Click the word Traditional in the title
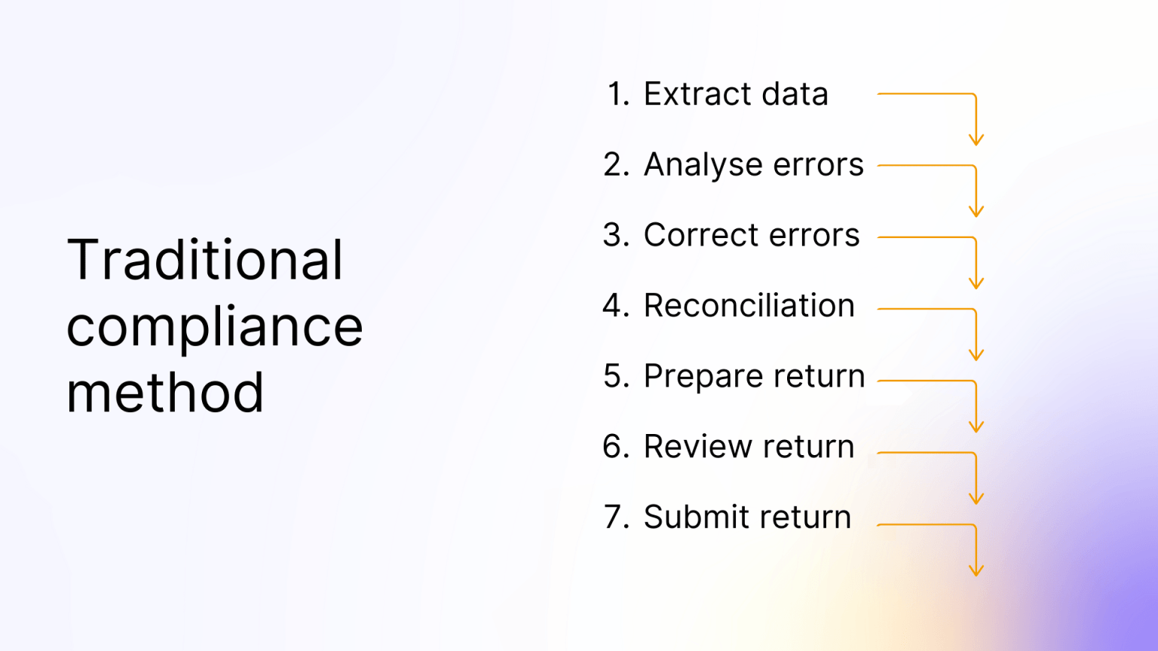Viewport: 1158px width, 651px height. [204, 260]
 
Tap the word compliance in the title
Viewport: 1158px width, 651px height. [215, 327]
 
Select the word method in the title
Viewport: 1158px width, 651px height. [165, 393]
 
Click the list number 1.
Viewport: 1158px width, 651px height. [617, 94]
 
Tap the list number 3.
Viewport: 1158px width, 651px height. [616, 235]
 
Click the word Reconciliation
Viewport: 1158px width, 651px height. [749, 306]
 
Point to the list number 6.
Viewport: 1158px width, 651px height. [616, 447]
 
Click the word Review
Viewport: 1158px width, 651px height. [697, 447]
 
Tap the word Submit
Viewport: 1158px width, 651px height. [696, 518]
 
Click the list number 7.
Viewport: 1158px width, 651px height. [616, 518]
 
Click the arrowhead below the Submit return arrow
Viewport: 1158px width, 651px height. [976, 571]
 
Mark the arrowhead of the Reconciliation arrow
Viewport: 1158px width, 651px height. [976, 356]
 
